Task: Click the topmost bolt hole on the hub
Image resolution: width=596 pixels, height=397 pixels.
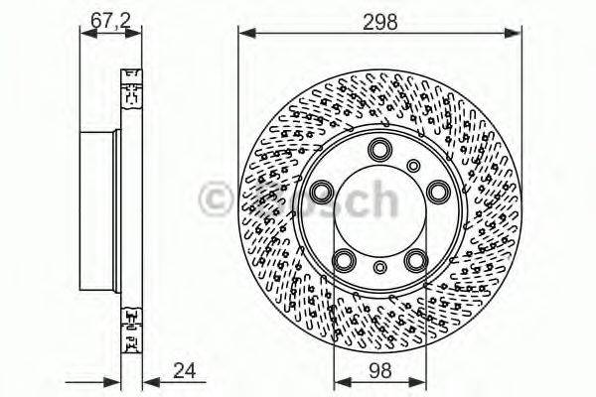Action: [378, 149]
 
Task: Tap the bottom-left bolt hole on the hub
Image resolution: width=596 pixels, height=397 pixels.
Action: [343, 260]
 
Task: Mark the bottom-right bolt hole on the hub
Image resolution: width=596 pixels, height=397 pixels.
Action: [414, 260]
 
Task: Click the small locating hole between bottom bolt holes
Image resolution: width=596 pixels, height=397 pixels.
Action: [378, 267]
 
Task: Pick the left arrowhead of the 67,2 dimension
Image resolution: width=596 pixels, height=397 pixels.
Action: [85, 33]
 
